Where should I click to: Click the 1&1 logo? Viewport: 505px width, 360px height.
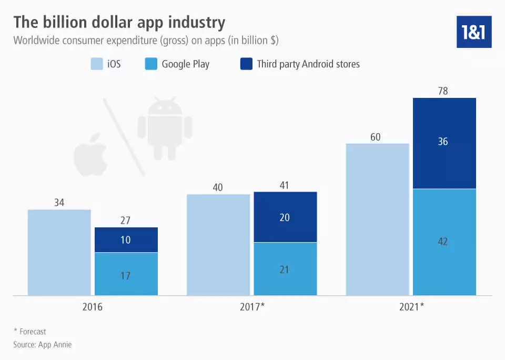pyautogui.click(x=473, y=32)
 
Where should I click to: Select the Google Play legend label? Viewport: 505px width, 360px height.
pyautogui.click(x=185, y=64)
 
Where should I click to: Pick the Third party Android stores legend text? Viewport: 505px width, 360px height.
pyautogui.click(x=308, y=64)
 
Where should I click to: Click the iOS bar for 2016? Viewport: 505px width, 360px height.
pyautogui.click(x=59, y=253)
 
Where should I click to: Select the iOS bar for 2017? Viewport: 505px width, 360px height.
pyautogui.click(x=218, y=245)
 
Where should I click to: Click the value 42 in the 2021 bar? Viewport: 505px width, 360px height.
pyautogui.click(x=443, y=242)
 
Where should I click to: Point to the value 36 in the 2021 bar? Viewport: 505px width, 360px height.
pyautogui.click(x=443, y=142)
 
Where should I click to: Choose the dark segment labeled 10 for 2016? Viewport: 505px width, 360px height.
pyautogui.click(x=126, y=240)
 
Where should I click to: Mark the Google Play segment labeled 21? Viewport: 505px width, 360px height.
pyautogui.click(x=285, y=269)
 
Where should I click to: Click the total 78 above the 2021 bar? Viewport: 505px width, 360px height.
pyautogui.click(x=443, y=92)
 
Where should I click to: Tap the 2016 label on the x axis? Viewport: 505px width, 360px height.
pyautogui.click(x=93, y=306)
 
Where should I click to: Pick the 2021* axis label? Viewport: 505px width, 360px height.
pyautogui.click(x=411, y=306)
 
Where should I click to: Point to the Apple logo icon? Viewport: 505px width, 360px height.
pyautogui.click(x=90, y=158)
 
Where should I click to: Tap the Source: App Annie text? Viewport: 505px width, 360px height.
pyautogui.click(x=42, y=344)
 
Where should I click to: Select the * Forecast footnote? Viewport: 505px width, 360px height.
pyautogui.click(x=29, y=332)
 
